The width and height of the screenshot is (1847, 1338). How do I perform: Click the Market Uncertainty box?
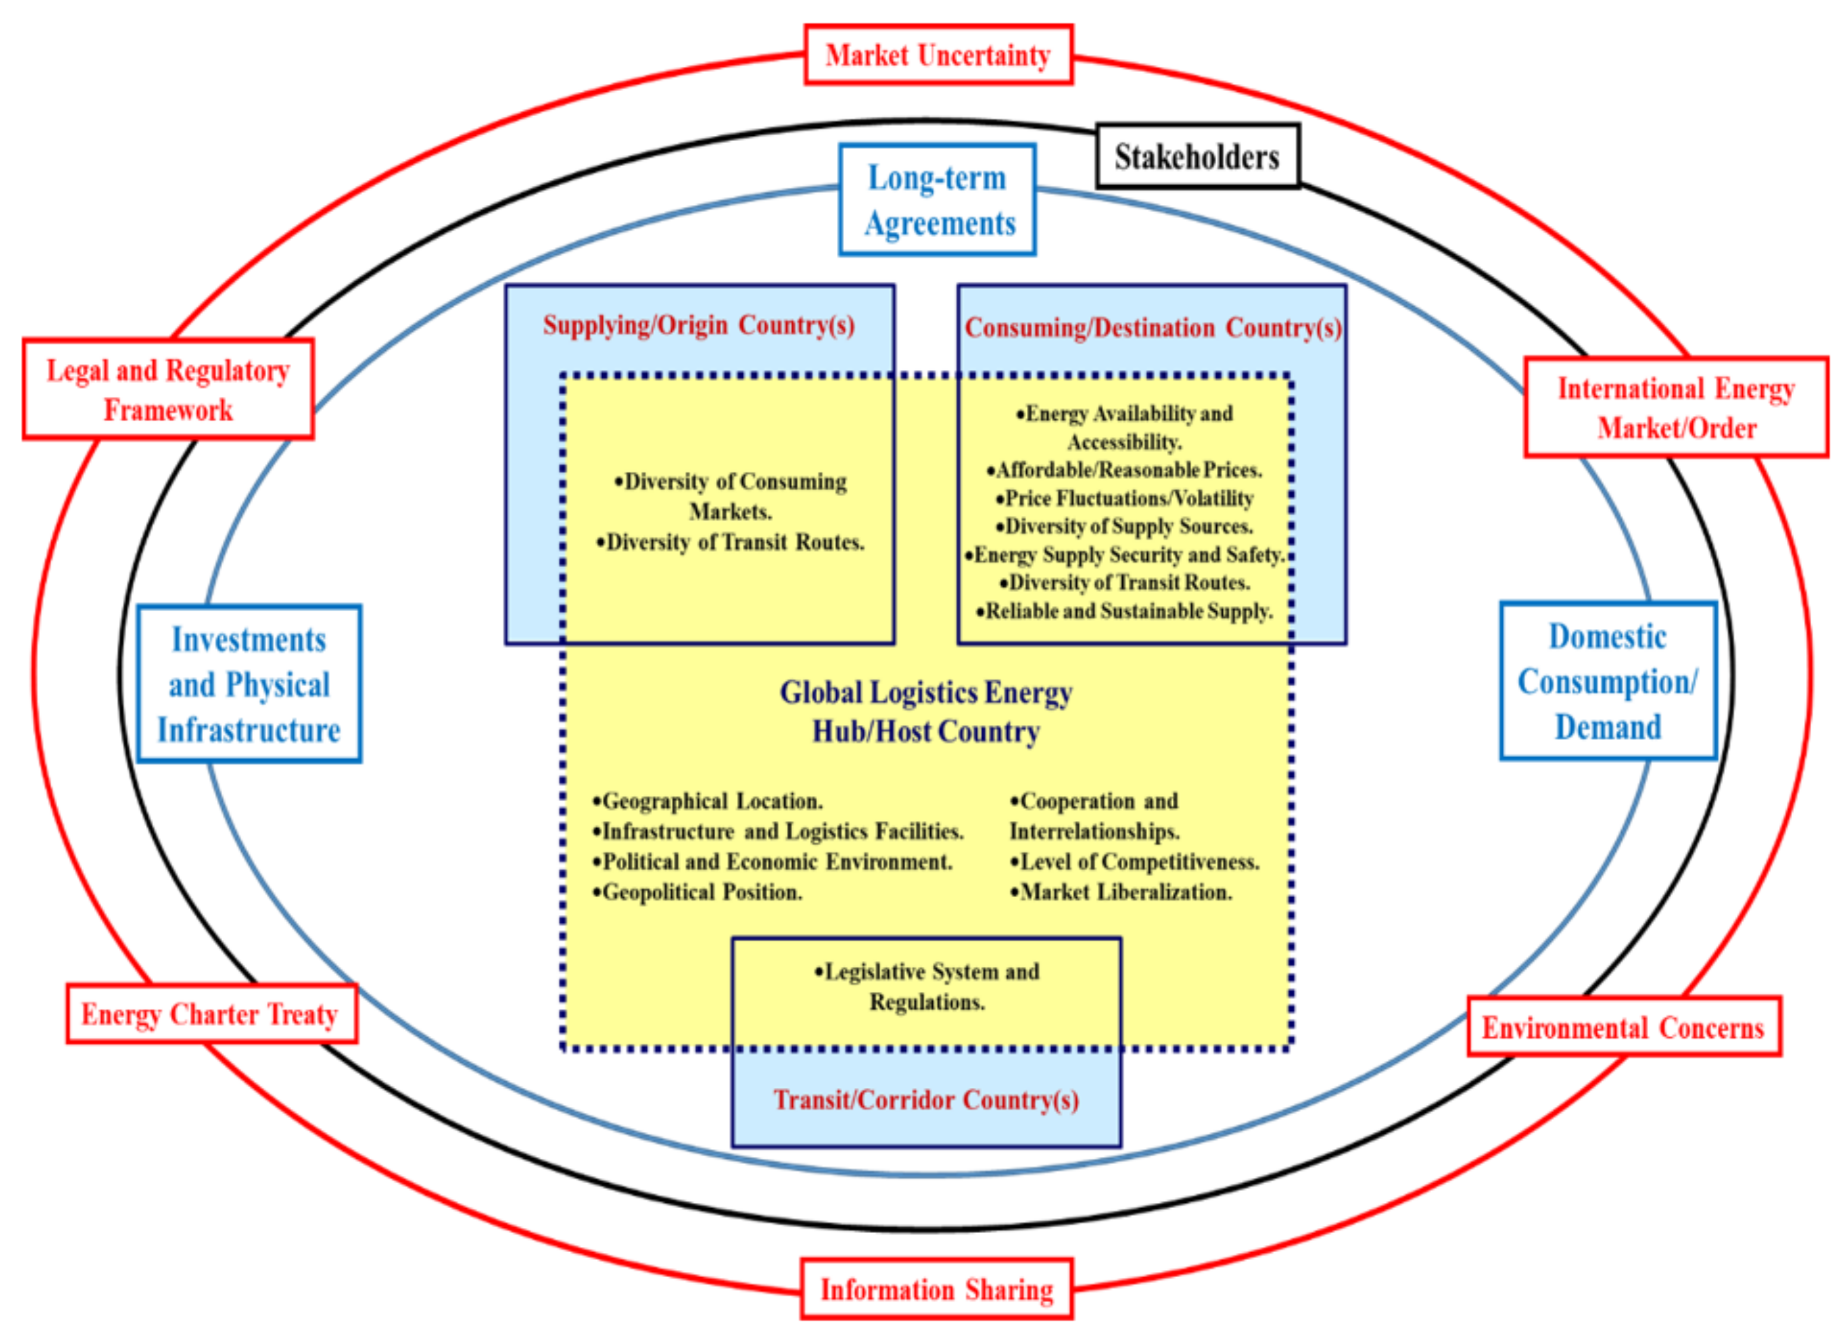point(938,55)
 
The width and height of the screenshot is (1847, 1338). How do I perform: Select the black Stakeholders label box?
point(1197,156)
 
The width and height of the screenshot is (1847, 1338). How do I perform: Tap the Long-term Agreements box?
point(937,200)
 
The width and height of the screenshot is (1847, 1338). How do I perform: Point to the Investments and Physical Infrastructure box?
point(248,684)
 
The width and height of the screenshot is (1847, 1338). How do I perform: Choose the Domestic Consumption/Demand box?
point(1608,682)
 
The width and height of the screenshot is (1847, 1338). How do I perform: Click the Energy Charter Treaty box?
point(210,1014)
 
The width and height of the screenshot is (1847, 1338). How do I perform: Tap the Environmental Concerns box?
point(1623,1027)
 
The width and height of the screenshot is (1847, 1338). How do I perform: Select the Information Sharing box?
point(936,1289)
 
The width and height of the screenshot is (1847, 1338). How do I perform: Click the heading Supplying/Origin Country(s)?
point(699,325)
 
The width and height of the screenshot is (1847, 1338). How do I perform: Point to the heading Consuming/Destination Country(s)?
point(1153,328)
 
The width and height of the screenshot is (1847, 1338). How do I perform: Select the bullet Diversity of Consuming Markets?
point(730,496)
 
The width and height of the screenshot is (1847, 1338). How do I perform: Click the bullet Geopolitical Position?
point(699,892)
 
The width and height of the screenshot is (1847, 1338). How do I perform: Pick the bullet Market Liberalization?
point(1122,892)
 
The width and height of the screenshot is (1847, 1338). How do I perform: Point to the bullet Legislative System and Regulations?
point(927,986)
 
